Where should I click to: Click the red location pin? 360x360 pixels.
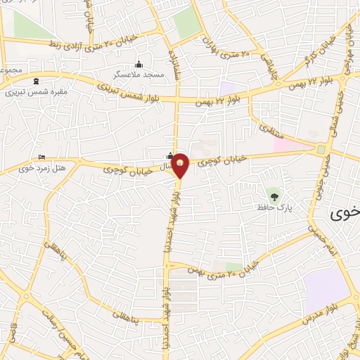pyautogui.click(x=180, y=165)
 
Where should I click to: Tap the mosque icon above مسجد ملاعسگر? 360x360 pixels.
pyautogui.click(x=138, y=64)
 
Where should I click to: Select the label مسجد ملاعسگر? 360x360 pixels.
pyautogui.click(x=140, y=73)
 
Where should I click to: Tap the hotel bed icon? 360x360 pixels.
pyautogui.click(x=41, y=157)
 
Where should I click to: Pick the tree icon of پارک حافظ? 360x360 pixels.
pyautogui.click(x=271, y=194)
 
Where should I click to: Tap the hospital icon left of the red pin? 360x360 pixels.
pyautogui.click(x=169, y=156)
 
